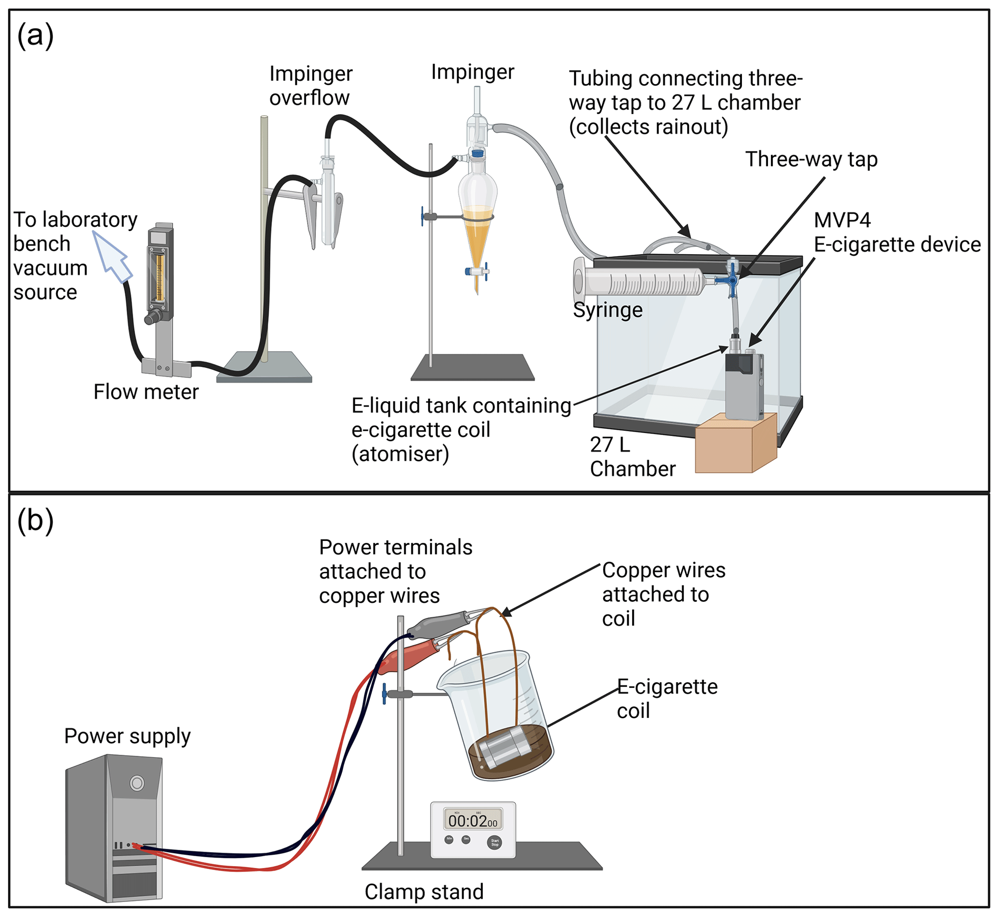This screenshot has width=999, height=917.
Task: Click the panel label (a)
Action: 35,36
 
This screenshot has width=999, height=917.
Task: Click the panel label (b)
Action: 35,522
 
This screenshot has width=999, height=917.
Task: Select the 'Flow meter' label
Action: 146,392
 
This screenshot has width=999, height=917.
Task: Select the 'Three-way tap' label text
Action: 811,160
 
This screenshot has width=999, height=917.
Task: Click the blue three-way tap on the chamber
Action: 732,281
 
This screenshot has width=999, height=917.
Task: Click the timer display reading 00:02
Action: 472,820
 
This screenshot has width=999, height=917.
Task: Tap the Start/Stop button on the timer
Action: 494,842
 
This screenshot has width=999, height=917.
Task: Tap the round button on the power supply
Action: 137,783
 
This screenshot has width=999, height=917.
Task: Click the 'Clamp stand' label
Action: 423,892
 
